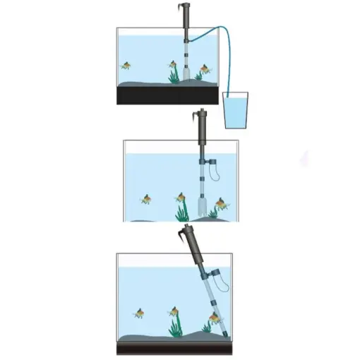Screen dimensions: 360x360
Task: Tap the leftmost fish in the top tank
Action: (x=126, y=66)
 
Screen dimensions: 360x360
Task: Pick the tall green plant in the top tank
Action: (x=172, y=70)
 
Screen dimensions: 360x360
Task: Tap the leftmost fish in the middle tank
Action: (x=147, y=200)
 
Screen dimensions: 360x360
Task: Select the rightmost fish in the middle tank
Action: (x=222, y=205)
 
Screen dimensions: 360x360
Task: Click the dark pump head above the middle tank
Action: (x=203, y=127)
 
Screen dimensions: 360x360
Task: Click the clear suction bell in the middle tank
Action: (x=202, y=207)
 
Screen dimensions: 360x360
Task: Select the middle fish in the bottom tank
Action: (x=172, y=311)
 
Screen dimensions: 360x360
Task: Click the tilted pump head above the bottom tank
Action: (x=189, y=242)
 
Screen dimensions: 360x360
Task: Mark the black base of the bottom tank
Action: (x=176, y=349)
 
